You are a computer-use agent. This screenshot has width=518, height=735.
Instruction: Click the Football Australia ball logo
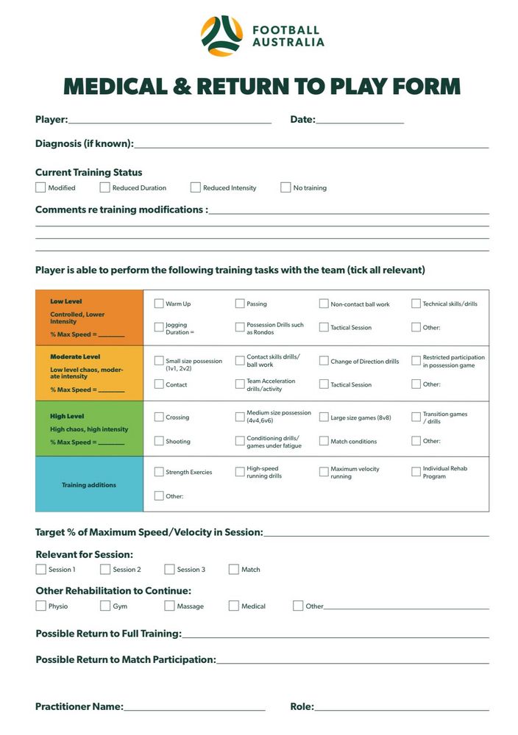(x=221, y=36)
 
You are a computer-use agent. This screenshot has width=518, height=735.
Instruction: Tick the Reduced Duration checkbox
(x=104, y=187)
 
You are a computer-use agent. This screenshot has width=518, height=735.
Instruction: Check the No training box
(x=285, y=187)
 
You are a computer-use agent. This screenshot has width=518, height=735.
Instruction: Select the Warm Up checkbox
(x=159, y=304)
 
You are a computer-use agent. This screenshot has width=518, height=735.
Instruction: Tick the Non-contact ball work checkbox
(x=324, y=304)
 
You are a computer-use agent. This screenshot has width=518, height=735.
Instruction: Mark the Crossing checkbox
(x=159, y=417)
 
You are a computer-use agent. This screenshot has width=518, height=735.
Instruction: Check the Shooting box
(x=159, y=441)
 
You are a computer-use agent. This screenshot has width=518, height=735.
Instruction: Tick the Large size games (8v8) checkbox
(x=324, y=417)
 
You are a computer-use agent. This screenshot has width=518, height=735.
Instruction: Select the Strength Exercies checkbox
(x=159, y=472)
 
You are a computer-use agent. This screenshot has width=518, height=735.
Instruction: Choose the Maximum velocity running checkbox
(x=324, y=472)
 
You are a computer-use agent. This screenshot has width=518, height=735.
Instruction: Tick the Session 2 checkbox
(x=105, y=569)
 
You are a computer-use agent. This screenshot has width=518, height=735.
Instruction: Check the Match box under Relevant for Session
(x=234, y=569)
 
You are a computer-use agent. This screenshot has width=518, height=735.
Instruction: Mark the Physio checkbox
(x=40, y=606)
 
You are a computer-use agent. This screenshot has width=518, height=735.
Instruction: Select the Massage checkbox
(x=169, y=606)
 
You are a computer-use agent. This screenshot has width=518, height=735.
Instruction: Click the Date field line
(x=360, y=121)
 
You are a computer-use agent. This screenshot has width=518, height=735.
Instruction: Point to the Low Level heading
(x=66, y=301)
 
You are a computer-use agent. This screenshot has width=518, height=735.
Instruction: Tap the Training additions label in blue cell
(x=89, y=485)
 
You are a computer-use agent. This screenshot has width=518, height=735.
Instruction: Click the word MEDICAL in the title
(x=116, y=86)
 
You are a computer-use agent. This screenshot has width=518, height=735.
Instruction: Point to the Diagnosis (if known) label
(x=84, y=144)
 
